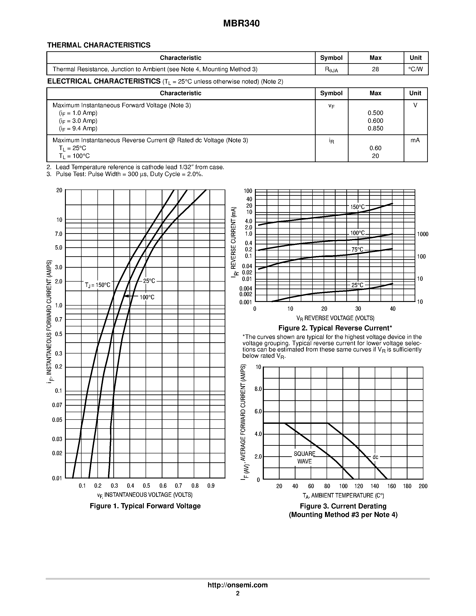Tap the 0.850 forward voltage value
[375, 129]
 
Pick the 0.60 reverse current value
[375, 148]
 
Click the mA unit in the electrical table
[415, 140]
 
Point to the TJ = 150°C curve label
[98, 285]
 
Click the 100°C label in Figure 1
[147, 297]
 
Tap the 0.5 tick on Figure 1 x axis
[146, 486]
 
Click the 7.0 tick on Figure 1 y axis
[59, 234]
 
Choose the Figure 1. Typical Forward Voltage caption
[145, 506]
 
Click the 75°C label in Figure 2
[357, 250]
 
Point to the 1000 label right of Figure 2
[422, 234]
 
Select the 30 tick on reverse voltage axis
[358, 309]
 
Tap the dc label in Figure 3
[375, 457]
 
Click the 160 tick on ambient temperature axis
[391, 486]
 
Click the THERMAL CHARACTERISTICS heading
[99, 45]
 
